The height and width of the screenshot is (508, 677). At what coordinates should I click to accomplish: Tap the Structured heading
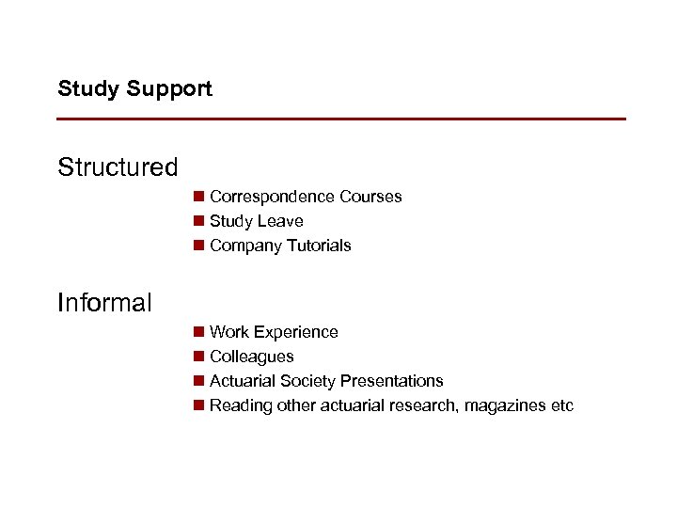tap(118, 167)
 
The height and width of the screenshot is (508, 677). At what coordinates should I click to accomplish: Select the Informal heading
tap(104, 303)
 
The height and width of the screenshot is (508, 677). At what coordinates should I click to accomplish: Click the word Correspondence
tap(273, 197)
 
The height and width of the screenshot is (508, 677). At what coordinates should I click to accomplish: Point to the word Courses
tap(370, 197)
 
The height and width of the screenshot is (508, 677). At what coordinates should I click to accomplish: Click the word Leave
tap(281, 221)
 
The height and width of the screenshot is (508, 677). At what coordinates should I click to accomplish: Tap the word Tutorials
tap(320, 246)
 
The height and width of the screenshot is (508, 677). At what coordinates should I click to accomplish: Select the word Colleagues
tap(252, 357)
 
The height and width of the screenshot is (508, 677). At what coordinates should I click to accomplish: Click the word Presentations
tap(392, 381)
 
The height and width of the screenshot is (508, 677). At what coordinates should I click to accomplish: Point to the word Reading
tap(240, 405)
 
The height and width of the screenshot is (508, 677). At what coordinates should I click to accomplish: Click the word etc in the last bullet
tap(561, 405)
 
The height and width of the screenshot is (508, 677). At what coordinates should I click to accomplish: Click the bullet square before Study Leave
tap(198, 221)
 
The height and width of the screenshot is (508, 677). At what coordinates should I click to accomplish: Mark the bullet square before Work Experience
tap(198, 332)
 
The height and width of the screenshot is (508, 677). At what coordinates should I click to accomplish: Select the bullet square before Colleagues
tap(198, 357)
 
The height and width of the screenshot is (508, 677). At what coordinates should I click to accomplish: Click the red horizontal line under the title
tap(341, 119)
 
